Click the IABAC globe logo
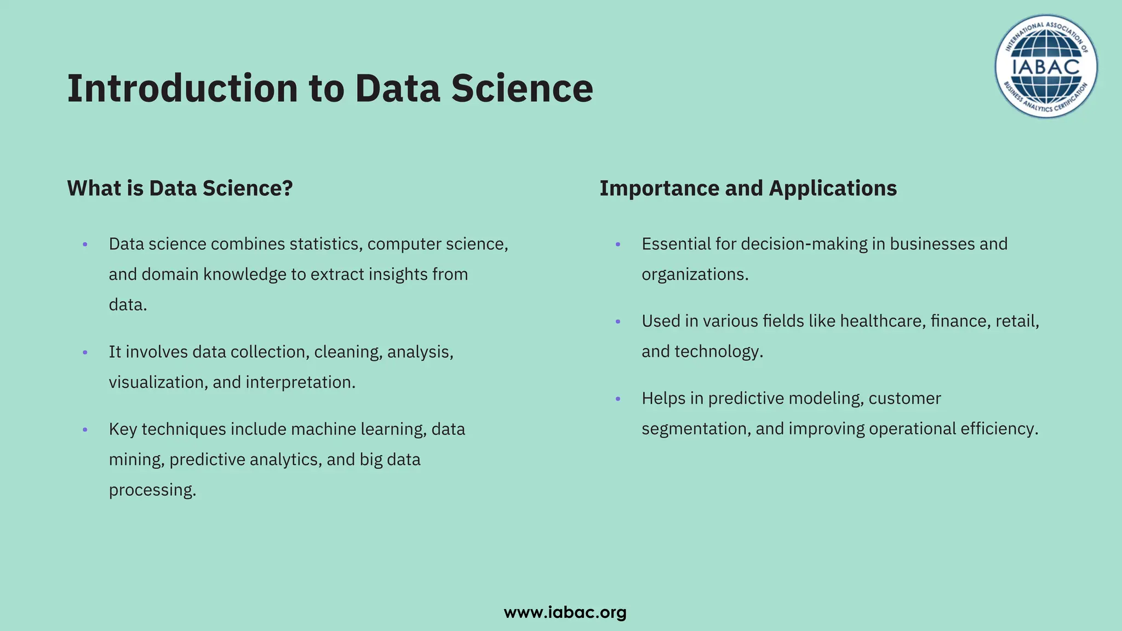1046,66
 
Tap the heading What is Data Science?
180,188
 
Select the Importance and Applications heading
748,188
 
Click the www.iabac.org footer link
565,612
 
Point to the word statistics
325,244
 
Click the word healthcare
882,321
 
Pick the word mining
136,460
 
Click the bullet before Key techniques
85,430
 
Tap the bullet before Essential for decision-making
618,245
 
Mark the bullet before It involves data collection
85,353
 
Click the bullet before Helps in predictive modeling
618,399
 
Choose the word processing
152,490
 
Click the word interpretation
300,382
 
